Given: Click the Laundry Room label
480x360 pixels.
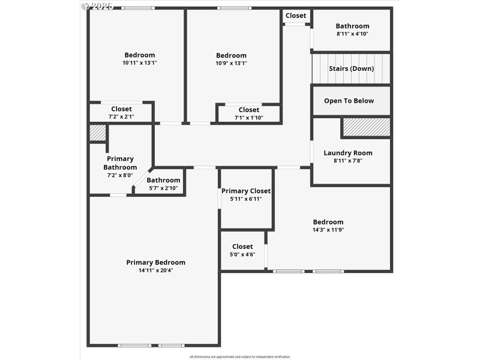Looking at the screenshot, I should point(348,153).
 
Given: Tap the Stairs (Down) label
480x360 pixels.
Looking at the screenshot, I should point(351,68).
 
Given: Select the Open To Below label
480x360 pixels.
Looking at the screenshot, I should point(349,101).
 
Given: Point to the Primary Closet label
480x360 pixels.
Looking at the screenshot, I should point(246,191).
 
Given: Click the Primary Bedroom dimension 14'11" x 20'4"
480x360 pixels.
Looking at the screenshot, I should point(155,270).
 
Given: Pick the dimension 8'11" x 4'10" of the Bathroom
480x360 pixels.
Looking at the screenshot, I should point(352,34).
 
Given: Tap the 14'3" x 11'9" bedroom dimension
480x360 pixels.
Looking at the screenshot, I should point(328,229).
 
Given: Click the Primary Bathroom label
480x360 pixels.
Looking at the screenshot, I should point(120,163).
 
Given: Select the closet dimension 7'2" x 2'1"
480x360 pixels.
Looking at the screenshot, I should point(121,116).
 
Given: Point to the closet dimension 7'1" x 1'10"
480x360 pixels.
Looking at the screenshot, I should point(249,117).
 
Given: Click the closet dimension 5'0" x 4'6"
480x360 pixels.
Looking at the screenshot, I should point(242,254).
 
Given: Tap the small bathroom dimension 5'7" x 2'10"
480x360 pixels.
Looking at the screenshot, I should point(163,188).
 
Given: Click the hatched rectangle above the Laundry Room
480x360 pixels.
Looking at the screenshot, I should point(366,127).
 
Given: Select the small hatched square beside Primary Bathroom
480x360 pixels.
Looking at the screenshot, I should point(97,133).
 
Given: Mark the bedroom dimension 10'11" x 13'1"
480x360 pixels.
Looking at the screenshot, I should point(139,63).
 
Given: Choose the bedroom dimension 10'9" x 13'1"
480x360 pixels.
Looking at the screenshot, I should point(231,63).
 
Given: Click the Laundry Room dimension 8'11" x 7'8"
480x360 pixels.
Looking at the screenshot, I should point(348,160).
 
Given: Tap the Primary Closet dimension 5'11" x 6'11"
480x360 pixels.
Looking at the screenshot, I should point(246,199).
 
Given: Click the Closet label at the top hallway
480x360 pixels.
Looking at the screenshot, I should point(296,16).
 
